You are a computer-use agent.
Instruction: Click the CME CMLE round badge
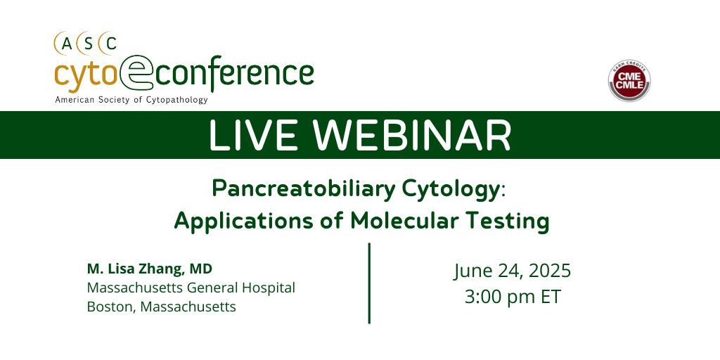coord(629,82)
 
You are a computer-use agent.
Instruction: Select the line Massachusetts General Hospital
coord(191,288)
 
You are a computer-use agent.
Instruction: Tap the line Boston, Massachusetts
coord(161,307)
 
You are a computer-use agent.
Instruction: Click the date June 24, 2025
coord(512,271)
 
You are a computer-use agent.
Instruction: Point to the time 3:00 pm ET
coord(512,297)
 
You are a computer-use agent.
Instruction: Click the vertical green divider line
coord(369,283)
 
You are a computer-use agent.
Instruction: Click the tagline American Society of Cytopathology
coord(131,100)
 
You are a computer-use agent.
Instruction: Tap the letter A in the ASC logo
coord(67,44)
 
